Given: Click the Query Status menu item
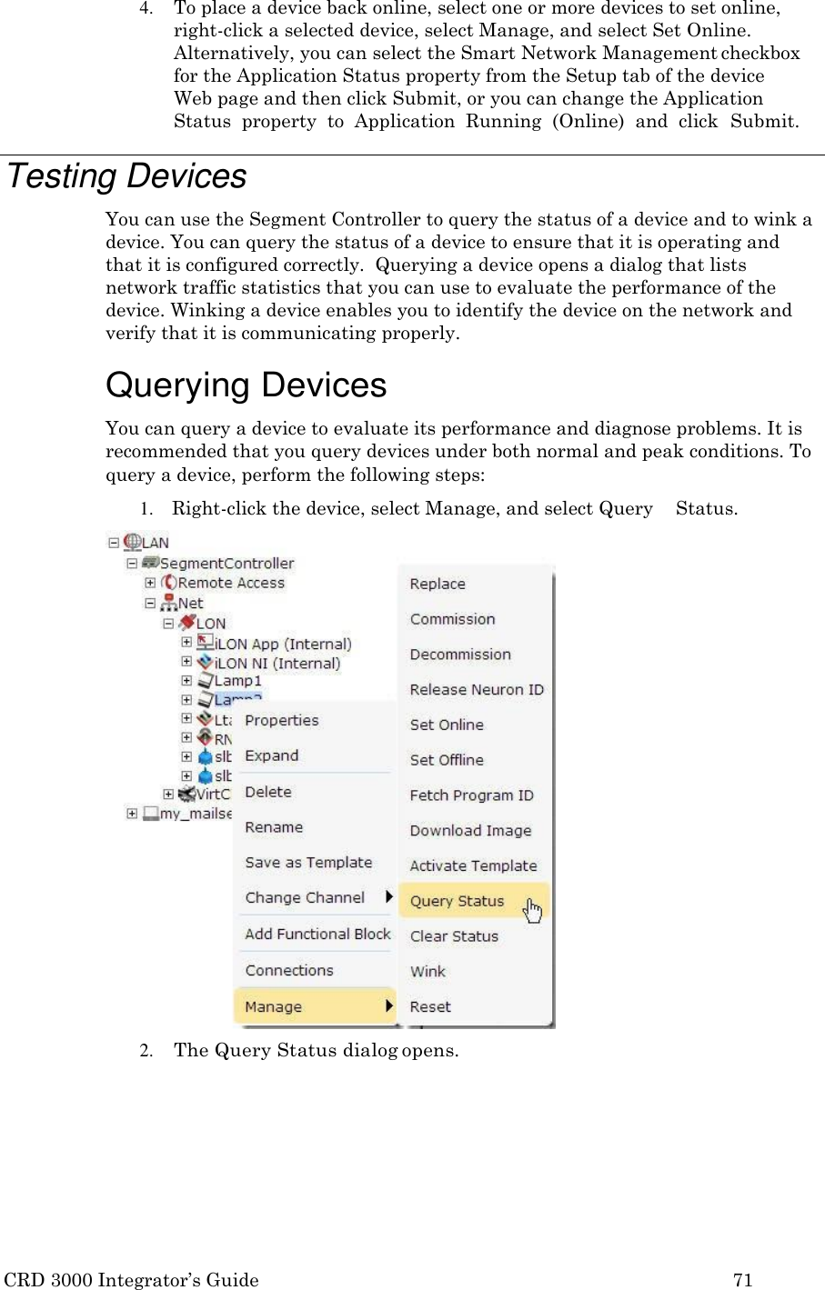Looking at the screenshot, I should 457,901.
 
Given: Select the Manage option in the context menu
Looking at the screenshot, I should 273,1006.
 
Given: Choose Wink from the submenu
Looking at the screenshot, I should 428,971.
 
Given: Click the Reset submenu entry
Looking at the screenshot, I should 430,1006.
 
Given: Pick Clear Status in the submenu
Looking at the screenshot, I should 454,935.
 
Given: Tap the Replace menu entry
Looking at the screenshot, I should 438,584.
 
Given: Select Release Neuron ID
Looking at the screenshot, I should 477,689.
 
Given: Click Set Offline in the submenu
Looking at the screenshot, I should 447,759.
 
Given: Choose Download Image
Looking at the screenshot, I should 470,830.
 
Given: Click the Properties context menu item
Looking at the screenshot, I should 282,720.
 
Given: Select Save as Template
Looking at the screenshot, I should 308,862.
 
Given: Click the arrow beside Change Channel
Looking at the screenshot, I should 389,897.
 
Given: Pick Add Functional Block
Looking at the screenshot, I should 317,934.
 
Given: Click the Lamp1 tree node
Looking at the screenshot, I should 237,680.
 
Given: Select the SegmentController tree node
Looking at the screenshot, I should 226,563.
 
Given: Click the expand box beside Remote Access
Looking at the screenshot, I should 150,583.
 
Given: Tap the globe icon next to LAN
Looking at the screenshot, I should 133,542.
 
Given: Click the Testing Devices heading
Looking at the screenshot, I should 127,176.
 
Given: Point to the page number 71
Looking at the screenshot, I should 743,1280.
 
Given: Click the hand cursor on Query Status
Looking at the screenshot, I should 533,908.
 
